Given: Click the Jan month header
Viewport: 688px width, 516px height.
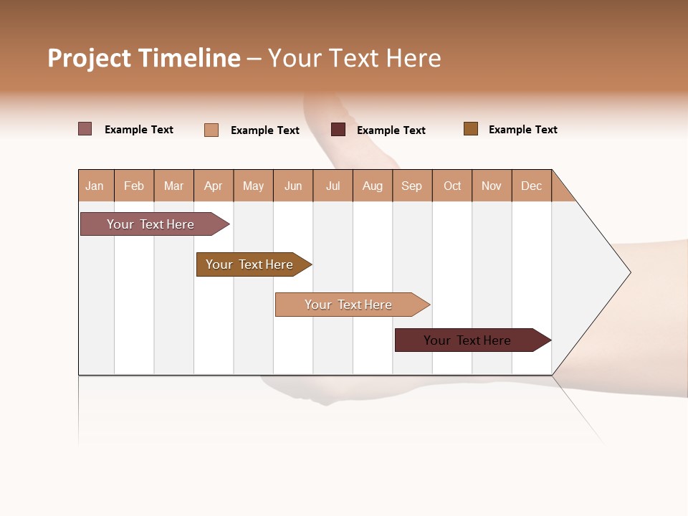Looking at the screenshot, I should (x=95, y=186).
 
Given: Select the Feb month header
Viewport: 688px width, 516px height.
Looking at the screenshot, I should (x=134, y=186).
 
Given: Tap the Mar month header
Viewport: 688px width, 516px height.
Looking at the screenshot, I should (x=173, y=186).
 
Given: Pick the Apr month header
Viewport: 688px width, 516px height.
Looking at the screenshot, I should (x=214, y=186).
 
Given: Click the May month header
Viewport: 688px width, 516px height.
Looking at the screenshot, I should (x=253, y=186).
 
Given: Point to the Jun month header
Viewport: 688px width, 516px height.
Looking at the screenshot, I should (x=293, y=186).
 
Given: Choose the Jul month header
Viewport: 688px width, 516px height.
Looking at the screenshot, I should (x=333, y=186).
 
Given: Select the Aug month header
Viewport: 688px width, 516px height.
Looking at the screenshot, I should (x=373, y=186).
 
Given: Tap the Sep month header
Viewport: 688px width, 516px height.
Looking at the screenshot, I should (x=412, y=186).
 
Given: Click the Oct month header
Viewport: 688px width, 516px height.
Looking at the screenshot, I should (x=452, y=186).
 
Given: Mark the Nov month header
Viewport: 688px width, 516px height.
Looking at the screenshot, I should (x=492, y=186).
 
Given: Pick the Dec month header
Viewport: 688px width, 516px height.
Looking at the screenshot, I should (x=532, y=186).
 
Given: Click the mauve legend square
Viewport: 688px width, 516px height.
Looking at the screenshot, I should (x=85, y=129).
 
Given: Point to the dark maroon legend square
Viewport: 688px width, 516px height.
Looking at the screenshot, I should (x=338, y=129).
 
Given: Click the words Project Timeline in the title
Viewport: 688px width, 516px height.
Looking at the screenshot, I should (x=144, y=58).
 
